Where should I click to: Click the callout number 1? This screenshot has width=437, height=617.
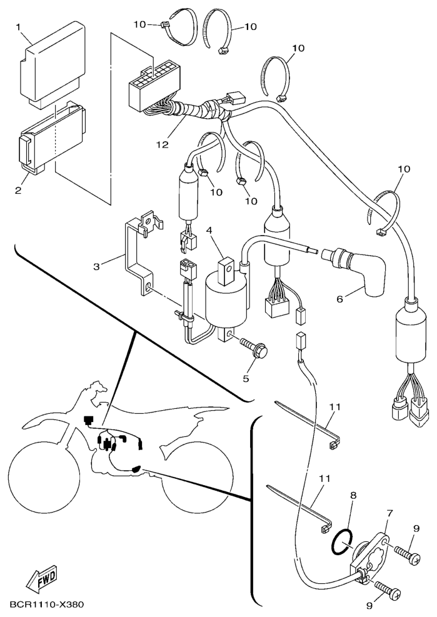[18, 27]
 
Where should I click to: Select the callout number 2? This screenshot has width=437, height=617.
[18, 191]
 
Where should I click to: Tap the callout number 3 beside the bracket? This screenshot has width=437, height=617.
[96, 266]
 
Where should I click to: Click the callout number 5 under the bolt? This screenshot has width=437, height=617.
[246, 379]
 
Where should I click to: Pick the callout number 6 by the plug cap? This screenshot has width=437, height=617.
[339, 299]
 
